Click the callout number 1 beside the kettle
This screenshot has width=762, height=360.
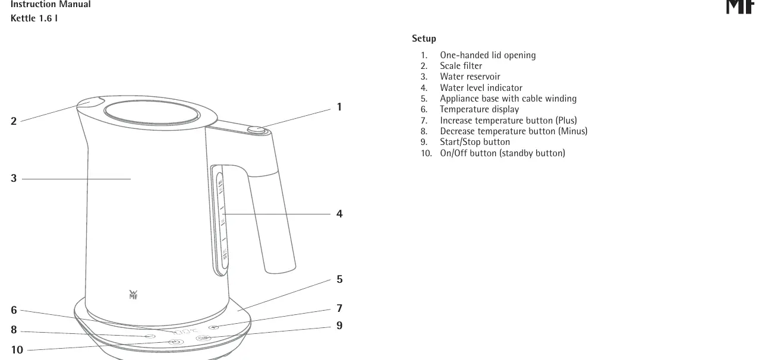pos(339,107)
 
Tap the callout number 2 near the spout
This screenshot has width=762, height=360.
pos(14,121)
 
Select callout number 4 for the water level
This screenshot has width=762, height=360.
pos(339,213)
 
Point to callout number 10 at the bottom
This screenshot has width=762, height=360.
pos(17,349)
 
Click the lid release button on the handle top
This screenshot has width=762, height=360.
pos(256,130)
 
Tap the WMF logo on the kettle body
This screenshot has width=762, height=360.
pos(133,295)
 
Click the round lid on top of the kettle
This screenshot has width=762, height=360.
pos(152,112)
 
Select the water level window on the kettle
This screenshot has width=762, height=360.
pos(221,220)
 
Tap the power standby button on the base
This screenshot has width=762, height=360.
pos(176,342)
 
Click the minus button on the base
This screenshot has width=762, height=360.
pos(150,336)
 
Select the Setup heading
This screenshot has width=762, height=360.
pos(424,39)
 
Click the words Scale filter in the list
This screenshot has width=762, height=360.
pos(461,65)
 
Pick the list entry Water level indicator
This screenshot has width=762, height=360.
pos(481,88)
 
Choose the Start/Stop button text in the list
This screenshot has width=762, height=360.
pos(475,142)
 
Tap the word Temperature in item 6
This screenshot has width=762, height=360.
pos(465,109)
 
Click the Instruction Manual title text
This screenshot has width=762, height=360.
pos(51,4)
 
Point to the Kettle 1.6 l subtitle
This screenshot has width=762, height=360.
pos(34,18)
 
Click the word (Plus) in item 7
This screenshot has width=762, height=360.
pos(566,121)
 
